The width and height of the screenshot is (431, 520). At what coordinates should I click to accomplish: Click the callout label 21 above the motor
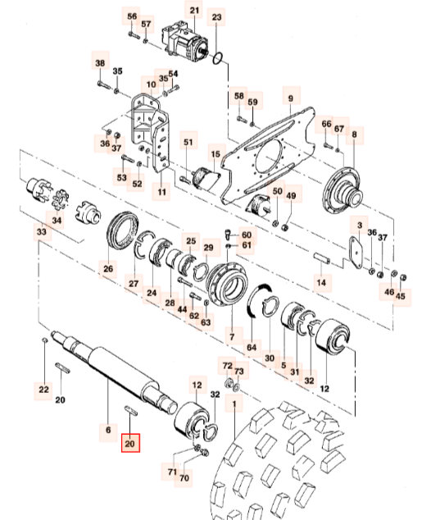click(x=194, y=11)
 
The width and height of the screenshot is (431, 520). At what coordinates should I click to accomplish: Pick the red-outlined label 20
click(x=129, y=443)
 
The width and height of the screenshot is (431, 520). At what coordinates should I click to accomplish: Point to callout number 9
click(x=289, y=98)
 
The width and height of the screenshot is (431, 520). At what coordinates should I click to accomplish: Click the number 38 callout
click(x=100, y=63)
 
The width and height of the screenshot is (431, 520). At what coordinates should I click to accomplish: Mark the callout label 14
click(x=322, y=282)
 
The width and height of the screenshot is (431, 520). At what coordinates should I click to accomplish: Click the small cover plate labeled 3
click(x=355, y=249)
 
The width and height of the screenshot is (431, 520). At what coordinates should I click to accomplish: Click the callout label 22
click(x=43, y=388)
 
